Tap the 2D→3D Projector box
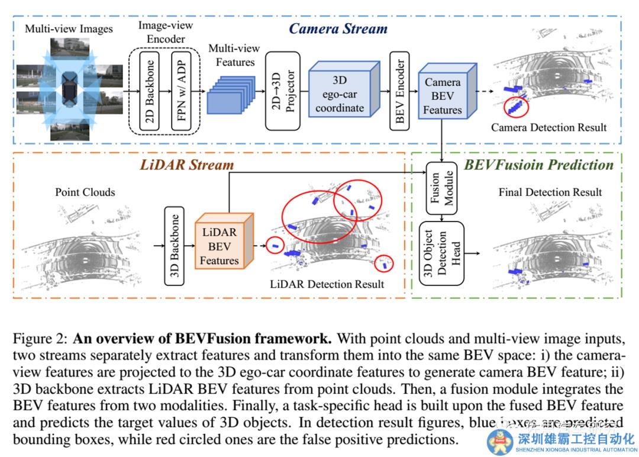282,90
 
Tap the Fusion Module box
443,188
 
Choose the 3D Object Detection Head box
442,253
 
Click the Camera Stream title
338,28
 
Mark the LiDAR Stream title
186,165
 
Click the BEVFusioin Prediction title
538,165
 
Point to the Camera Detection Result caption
549,127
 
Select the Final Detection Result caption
550,192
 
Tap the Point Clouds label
85,192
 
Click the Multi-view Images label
69,28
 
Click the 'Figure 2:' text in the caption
40,339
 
